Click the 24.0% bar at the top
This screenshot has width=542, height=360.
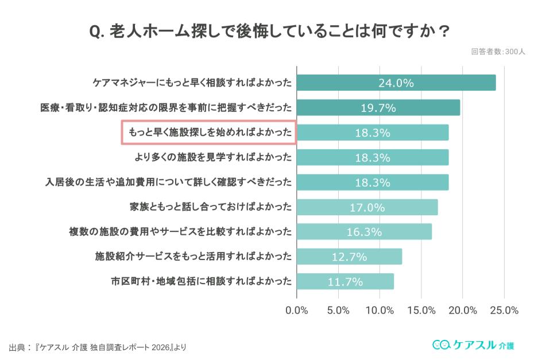tap(396, 83)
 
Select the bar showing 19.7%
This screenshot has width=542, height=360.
tap(378, 107)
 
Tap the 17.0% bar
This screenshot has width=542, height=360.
tap(367, 207)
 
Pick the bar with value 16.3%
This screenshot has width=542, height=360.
tap(364, 231)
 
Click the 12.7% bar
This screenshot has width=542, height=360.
tap(349, 257)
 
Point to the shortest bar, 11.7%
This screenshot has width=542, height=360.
tap(345, 281)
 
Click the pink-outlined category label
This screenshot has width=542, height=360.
tap(208, 132)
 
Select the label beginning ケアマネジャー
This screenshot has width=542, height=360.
tap(192, 83)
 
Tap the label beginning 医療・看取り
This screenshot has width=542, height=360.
tap(166, 107)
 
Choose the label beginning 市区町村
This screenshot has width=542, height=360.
tap(202, 281)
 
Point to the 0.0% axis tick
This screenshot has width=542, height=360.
tap(297, 311)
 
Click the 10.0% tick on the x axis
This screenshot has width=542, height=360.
tap(380, 311)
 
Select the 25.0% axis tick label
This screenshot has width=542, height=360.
tap(504, 311)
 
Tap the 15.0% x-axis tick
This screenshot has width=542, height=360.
tap(421, 311)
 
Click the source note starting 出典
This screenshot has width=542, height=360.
tap(98, 347)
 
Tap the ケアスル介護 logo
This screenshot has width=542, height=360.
tap(473, 344)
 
